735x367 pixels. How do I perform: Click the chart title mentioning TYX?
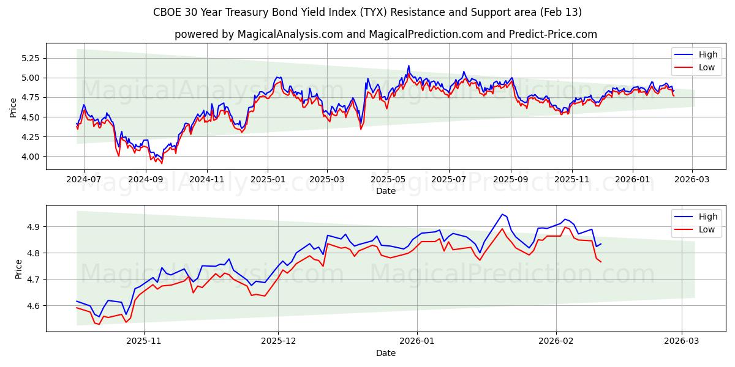click(x=367, y=12)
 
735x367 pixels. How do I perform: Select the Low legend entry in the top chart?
click(x=699, y=67)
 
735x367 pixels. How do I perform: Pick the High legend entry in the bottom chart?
click(x=699, y=217)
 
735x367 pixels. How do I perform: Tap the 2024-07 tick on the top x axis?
click(x=84, y=180)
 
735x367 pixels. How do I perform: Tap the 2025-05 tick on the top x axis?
click(x=388, y=180)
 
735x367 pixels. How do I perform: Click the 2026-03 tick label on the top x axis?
click(x=692, y=180)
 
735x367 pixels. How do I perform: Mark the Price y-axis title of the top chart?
click(x=13, y=108)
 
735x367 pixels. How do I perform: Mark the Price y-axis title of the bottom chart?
click(x=18, y=269)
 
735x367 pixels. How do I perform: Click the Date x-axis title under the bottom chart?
click(x=386, y=353)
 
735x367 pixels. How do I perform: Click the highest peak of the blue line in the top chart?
click(x=409, y=65)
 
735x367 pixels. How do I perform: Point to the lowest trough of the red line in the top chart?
click(x=162, y=163)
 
